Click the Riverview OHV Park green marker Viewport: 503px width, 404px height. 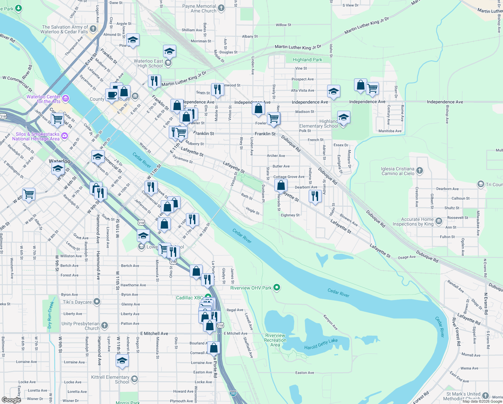277,288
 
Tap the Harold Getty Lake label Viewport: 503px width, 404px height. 321,344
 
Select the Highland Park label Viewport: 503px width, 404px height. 307,60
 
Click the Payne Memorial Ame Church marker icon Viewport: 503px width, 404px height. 221,8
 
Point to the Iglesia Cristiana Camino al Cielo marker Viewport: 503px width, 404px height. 420,170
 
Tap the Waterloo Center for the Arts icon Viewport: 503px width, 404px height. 66,99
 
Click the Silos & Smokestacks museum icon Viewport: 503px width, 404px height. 65,136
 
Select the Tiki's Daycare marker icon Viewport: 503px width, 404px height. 97,302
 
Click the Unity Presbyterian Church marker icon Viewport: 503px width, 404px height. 105,325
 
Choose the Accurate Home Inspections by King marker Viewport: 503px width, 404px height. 438,221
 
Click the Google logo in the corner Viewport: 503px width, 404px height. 11,400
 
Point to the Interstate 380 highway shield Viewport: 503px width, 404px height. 233,393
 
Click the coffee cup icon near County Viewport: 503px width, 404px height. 112,95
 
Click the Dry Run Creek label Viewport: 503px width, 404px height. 50,315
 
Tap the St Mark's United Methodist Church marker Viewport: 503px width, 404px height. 485,396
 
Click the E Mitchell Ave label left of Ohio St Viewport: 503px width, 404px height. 154,333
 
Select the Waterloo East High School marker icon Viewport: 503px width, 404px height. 168,63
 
